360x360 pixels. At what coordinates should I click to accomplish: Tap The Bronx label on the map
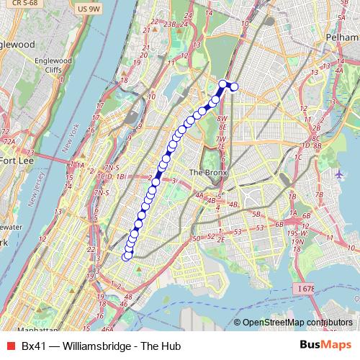tap(207, 174)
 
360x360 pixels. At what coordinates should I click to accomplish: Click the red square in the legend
tap(10, 346)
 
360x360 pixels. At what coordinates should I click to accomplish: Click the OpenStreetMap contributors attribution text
tap(297, 323)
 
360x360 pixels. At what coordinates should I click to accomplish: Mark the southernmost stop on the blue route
tap(127, 256)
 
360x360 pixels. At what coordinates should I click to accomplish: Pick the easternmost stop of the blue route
tap(233, 88)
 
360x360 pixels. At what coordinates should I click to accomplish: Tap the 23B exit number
tap(170, 24)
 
